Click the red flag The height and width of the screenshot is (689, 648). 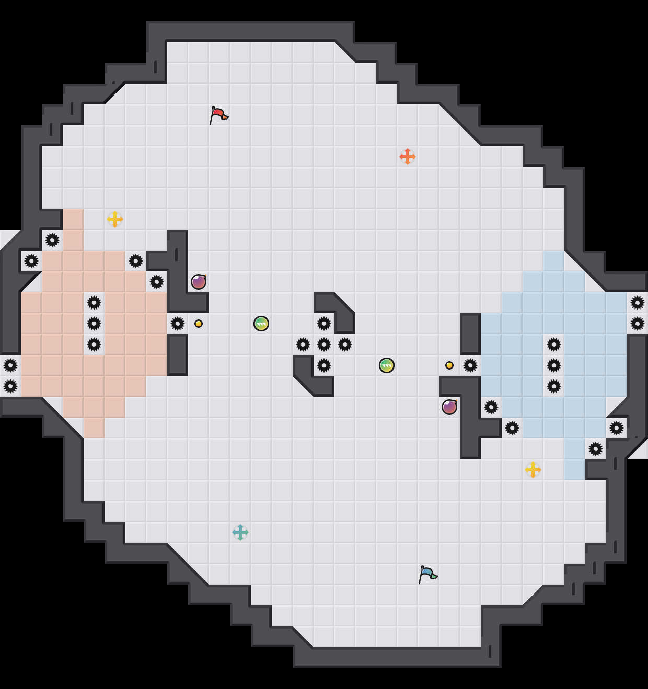[x=218, y=114]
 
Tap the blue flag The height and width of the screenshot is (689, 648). [x=427, y=574]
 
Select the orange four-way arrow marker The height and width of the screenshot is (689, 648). [x=407, y=156]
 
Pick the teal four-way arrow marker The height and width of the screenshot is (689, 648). [x=240, y=532]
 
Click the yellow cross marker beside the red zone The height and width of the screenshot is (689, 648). [x=114, y=219]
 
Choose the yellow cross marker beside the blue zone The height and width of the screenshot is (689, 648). [x=533, y=469]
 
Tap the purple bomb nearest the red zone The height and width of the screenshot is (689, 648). [x=198, y=282]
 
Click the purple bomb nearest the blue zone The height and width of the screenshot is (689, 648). [x=449, y=407]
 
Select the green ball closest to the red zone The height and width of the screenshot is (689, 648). [x=261, y=324]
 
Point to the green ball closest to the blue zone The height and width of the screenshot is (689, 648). [x=386, y=365]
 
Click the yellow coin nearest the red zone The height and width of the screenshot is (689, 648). [x=198, y=324]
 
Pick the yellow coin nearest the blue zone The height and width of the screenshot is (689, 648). [x=449, y=365]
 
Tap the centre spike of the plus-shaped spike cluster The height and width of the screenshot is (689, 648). [x=323, y=344]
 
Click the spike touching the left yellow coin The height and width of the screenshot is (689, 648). [x=177, y=324]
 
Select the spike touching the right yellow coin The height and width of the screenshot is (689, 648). [x=470, y=365]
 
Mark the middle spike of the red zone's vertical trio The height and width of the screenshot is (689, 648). [x=94, y=324]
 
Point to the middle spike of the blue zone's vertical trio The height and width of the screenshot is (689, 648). [x=553, y=365]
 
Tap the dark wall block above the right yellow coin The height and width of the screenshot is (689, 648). [x=470, y=334]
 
